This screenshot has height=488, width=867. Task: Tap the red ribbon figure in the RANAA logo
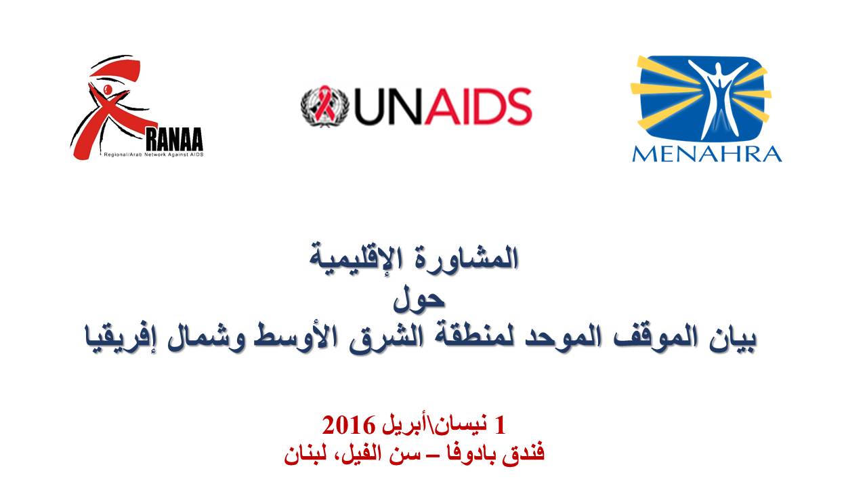point(112,108)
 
